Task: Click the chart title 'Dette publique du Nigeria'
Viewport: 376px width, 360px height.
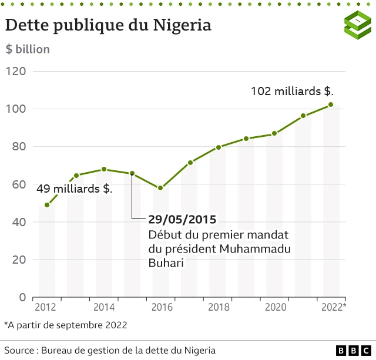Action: pos(108,25)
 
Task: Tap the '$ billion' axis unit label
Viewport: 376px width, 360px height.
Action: pos(28,49)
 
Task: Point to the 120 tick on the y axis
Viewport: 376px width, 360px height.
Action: pos(16,72)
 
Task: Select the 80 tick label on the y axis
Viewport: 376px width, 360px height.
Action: pos(19,147)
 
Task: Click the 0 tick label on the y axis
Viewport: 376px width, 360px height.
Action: pos(23,297)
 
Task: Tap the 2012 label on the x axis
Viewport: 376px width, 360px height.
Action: pos(46,307)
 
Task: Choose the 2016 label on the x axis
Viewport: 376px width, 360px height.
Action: pos(160,307)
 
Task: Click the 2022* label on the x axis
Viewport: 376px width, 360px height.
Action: pos(333,307)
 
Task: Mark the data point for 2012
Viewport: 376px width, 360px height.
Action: pos(47,205)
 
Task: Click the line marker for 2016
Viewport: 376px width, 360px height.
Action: pos(160,188)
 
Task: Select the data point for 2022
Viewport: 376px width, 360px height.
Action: pos(331,105)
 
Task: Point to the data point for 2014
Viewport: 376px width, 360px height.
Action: pos(104,169)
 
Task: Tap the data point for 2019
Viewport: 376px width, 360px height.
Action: pos(246,139)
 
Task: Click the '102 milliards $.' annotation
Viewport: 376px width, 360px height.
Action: pos(292,91)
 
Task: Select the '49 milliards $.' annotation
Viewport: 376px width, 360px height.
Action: pos(75,189)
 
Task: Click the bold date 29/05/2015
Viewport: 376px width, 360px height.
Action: pos(182,219)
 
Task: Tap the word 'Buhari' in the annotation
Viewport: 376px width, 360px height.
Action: pos(166,264)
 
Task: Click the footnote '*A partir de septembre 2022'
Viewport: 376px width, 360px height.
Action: pos(65,324)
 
